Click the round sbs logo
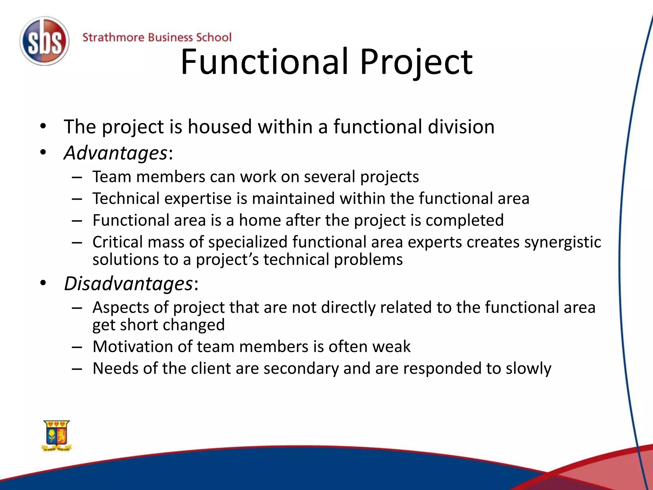coord(44,41)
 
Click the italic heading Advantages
coord(115,153)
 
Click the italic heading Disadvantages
coord(128,284)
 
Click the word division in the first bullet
coord(461,127)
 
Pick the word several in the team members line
coord(329,177)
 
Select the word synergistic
coord(562,242)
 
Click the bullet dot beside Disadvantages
coord(43,283)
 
